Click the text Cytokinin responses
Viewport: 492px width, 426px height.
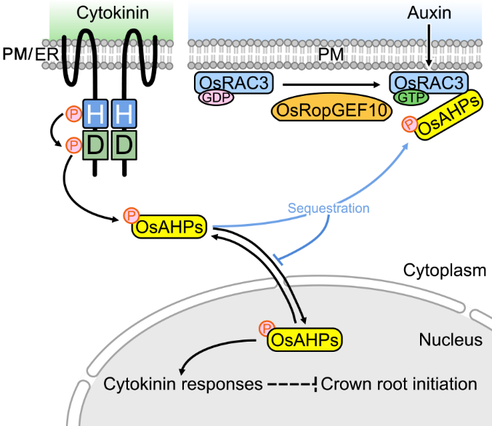[x=182, y=383]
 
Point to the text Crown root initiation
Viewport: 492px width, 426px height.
[x=399, y=383]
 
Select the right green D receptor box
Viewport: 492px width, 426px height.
[x=124, y=146]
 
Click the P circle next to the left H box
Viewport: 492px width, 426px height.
[x=73, y=114]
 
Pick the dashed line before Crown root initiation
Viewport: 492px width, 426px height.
[x=291, y=383]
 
